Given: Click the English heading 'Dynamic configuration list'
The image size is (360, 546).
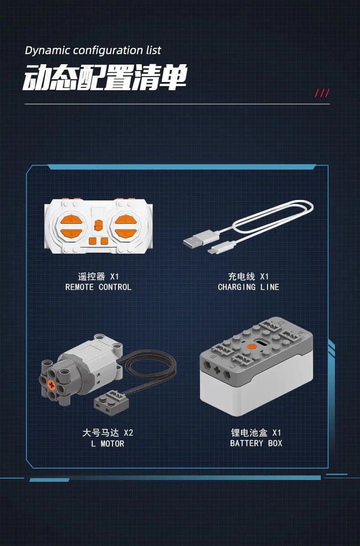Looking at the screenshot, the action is tap(93, 51).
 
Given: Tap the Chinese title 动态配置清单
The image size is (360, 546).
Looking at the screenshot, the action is tap(105, 77).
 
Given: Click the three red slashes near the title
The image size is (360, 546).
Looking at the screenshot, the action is tap(322, 93).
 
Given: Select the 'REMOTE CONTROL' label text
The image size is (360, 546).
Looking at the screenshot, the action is tap(98, 287).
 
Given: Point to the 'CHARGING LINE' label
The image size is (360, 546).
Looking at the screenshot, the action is tap(248, 287).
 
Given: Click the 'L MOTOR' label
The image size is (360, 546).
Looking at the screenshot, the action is tap(108, 444).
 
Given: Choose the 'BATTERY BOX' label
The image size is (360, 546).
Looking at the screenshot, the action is tap(256, 443).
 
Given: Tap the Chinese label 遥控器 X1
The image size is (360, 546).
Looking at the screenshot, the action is tap(98, 276).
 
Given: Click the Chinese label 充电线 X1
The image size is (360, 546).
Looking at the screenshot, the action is tap(248, 276).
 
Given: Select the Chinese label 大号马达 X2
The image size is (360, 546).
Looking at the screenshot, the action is tap(108, 433).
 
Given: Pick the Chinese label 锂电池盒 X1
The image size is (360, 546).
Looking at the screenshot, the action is tap(256, 433).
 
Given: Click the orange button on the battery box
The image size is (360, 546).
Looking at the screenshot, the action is tap(252, 346).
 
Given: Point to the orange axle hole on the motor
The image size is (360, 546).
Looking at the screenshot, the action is tap(51, 385).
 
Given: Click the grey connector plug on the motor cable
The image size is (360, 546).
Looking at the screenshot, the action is tap(111, 400).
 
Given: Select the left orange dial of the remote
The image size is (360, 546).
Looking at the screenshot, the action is tap(72, 225).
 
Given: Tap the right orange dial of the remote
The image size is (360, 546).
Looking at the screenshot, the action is tap(125, 226).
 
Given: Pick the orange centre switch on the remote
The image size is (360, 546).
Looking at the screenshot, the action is tap(98, 224).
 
